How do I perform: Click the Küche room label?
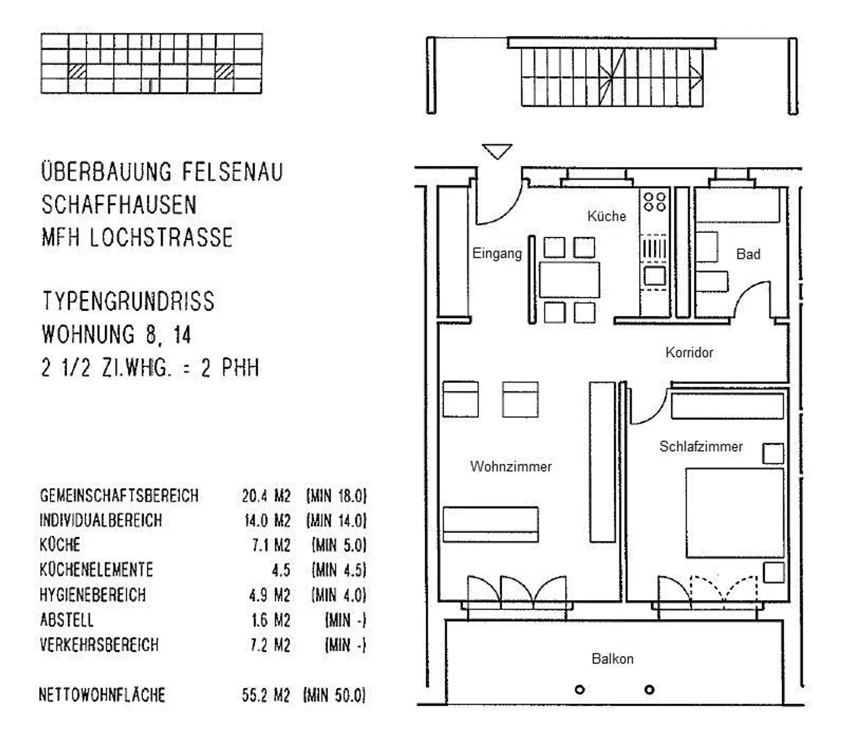(606, 216)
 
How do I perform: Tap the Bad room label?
(748, 254)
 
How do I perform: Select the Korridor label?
(689, 352)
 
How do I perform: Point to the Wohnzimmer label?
(511, 466)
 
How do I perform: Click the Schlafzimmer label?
(701, 446)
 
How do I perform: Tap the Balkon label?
(612, 658)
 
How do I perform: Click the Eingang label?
(497, 254)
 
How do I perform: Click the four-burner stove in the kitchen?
(655, 202)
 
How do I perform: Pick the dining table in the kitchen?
(569, 280)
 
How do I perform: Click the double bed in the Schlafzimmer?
(735, 512)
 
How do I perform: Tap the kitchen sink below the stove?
(655, 276)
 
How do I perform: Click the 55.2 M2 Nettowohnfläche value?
(266, 695)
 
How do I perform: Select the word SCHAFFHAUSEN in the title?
(119, 205)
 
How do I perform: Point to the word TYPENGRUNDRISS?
(129, 301)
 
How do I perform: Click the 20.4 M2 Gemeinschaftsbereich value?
(266, 496)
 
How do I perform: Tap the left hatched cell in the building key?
(77, 71)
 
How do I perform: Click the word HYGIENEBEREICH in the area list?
(93, 595)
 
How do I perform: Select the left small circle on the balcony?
(580, 690)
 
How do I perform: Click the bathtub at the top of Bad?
(737, 205)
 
